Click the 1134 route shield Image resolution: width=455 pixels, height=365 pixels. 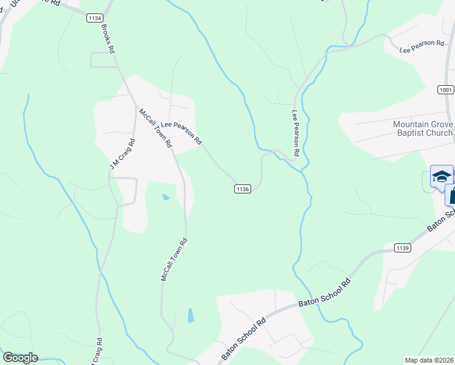click(x=94, y=19)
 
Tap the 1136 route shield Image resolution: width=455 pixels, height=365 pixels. click(x=242, y=189)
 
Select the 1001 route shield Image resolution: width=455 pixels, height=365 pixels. click(x=445, y=89)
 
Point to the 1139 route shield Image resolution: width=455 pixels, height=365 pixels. click(x=402, y=248)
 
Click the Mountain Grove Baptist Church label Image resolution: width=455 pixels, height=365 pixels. click(x=423, y=128)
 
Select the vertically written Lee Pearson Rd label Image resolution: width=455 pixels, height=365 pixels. click(x=296, y=133)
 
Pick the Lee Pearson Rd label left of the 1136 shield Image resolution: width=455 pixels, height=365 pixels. click(x=181, y=132)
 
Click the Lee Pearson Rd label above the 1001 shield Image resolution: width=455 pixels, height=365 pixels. click(x=422, y=47)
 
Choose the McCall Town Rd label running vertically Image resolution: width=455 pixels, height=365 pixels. click(x=173, y=259)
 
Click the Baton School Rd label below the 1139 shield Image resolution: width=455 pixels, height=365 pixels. click(x=325, y=294)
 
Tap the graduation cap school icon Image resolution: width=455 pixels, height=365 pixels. click(x=441, y=177)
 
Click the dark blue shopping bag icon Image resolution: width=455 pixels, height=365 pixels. click(x=451, y=196)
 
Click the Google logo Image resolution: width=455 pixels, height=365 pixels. click(x=20, y=358)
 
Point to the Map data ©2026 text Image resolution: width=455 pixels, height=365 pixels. click(x=429, y=360)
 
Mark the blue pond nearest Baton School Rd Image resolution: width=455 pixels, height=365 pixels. click(x=191, y=315)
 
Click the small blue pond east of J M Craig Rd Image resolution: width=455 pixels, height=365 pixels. click(x=165, y=197)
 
